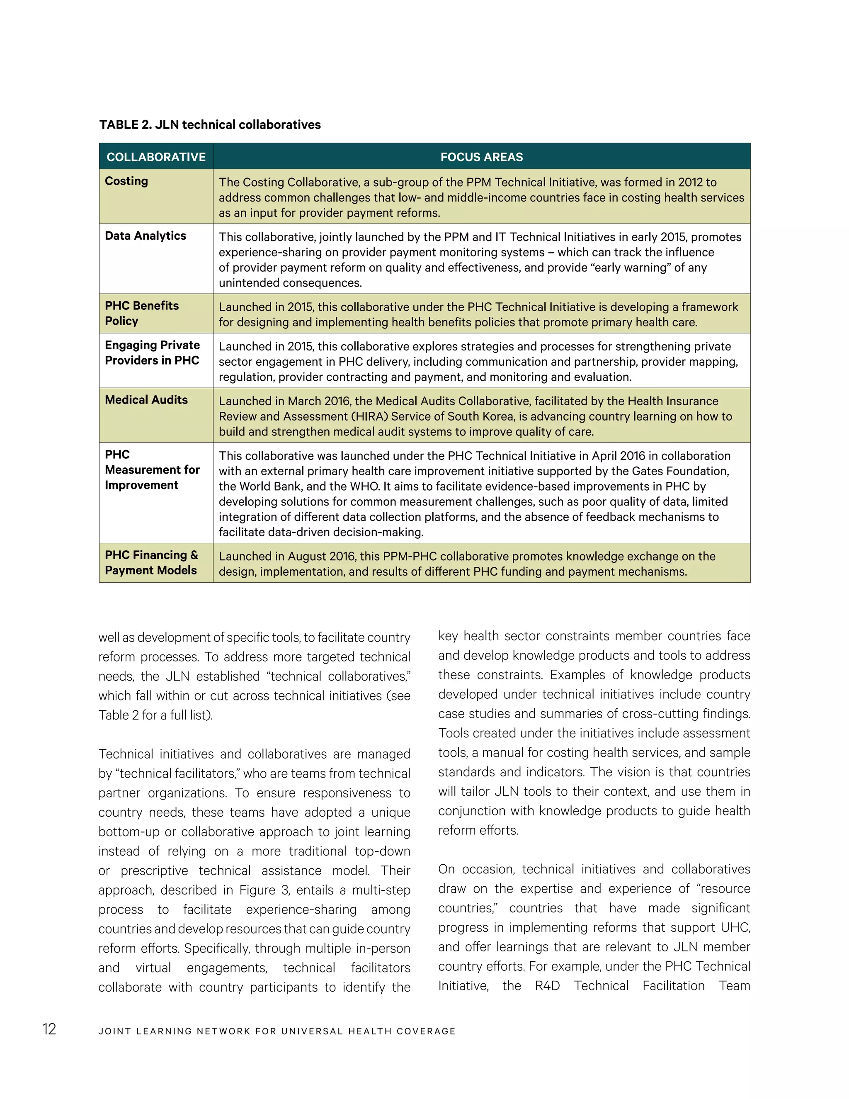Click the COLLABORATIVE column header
point(156,157)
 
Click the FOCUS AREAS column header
point(481,157)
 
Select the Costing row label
point(126,181)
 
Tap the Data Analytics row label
point(146,236)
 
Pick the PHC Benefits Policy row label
point(141,313)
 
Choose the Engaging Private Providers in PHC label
point(152,353)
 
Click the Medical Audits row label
point(146,400)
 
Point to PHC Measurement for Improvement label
point(152,469)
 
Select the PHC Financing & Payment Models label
point(151,563)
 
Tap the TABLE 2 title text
point(210,125)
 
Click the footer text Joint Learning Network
point(277,1031)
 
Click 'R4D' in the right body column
point(547,986)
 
